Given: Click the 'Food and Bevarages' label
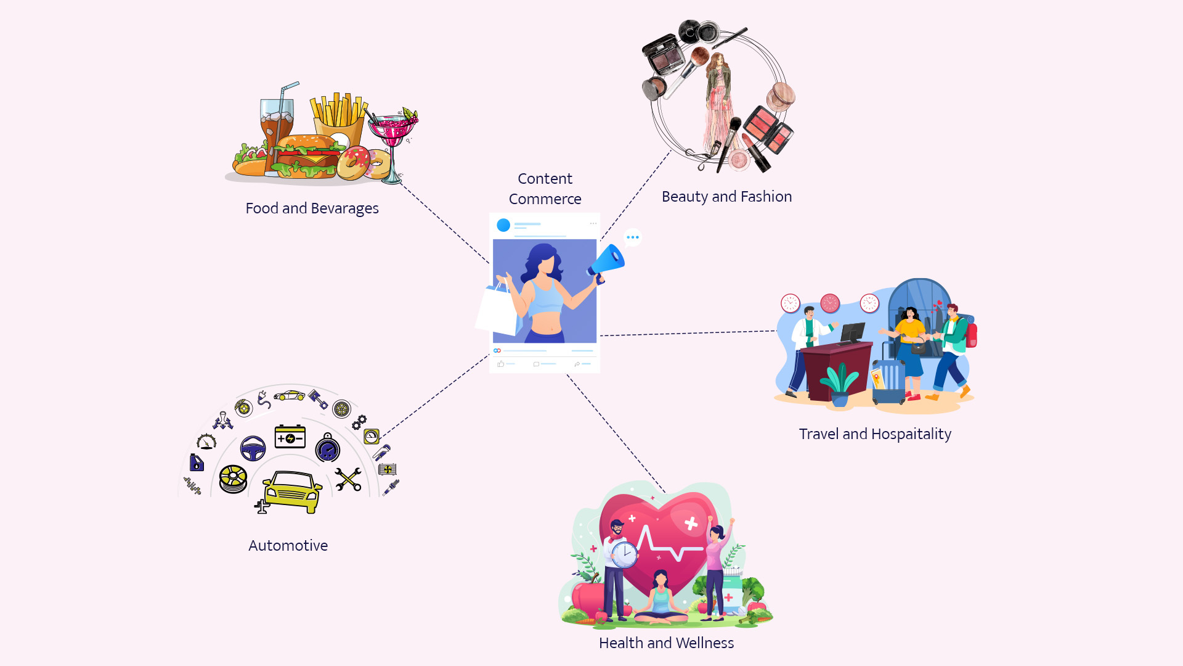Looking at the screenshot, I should coord(312,208).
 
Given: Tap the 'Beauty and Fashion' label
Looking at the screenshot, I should coord(726,197).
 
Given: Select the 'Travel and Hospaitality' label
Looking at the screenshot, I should coord(875,434).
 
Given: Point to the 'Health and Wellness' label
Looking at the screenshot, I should coord(666,643).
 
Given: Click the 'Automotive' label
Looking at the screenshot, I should coord(288,546).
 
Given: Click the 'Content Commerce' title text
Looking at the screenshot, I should coord(545,189).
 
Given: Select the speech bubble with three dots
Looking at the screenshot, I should coord(632,237).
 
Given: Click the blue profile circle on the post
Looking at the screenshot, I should coord(503,225).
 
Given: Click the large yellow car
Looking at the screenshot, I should coord(291,491).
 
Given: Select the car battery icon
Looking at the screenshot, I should coord(290,437).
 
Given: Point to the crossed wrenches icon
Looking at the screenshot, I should coord(348,479).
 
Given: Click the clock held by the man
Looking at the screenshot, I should coord(625,553).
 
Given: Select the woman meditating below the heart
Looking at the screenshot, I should coord(661,599).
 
